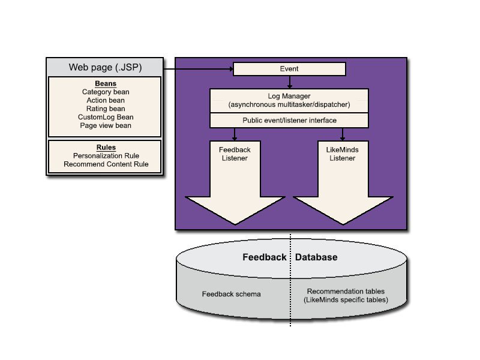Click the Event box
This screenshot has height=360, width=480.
point(289,69)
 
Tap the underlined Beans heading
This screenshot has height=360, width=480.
point(106,83)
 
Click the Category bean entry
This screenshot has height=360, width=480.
point(106,92)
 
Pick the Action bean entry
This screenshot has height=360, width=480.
point(106,100)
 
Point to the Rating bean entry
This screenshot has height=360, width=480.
point(106,109)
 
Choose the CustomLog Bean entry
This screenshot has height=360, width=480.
point(106,117)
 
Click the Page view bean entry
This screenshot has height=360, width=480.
point(106,125)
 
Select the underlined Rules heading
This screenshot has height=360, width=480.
point(106,147)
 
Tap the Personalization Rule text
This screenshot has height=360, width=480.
point(106,155)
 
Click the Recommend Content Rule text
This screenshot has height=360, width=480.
point(106,164)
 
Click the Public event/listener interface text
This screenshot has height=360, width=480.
point(289,121)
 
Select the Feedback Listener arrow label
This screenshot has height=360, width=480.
point(235,154)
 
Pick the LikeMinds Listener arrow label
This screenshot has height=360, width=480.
point(342,154)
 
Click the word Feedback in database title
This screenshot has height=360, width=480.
point(264,257)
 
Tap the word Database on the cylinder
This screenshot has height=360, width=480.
point(316,257)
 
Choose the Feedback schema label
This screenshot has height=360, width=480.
point(231,295)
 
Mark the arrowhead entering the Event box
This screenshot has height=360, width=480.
point(229,69)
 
